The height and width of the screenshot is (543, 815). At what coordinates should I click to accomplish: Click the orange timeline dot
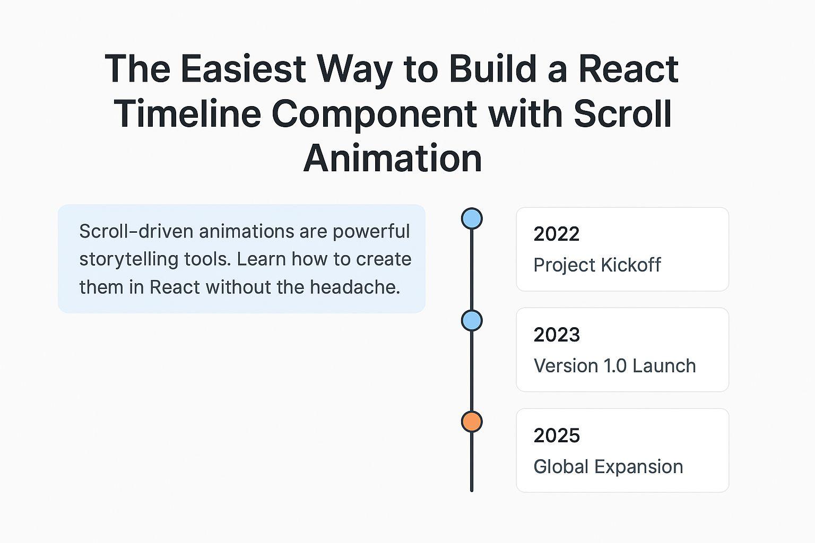(472, 422)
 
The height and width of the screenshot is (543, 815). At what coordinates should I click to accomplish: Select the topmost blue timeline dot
(472, 218)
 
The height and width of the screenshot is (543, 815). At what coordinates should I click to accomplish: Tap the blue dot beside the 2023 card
(472, 320)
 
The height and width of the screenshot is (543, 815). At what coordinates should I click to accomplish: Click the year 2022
(556, 234)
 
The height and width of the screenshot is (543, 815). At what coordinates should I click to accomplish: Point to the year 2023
(557, 335)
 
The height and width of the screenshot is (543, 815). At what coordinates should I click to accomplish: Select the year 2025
(557, 435)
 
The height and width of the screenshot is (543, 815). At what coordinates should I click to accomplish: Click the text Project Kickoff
(597, 265)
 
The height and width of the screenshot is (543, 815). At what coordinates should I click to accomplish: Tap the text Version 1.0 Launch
(614, 365)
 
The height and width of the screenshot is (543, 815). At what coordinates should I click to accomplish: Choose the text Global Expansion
(608, 467)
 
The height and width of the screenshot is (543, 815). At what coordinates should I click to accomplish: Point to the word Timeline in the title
(187, 113)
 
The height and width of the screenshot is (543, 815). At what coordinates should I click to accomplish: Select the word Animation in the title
(393, 158)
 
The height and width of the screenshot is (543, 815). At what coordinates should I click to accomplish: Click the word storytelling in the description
(128, 259)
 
